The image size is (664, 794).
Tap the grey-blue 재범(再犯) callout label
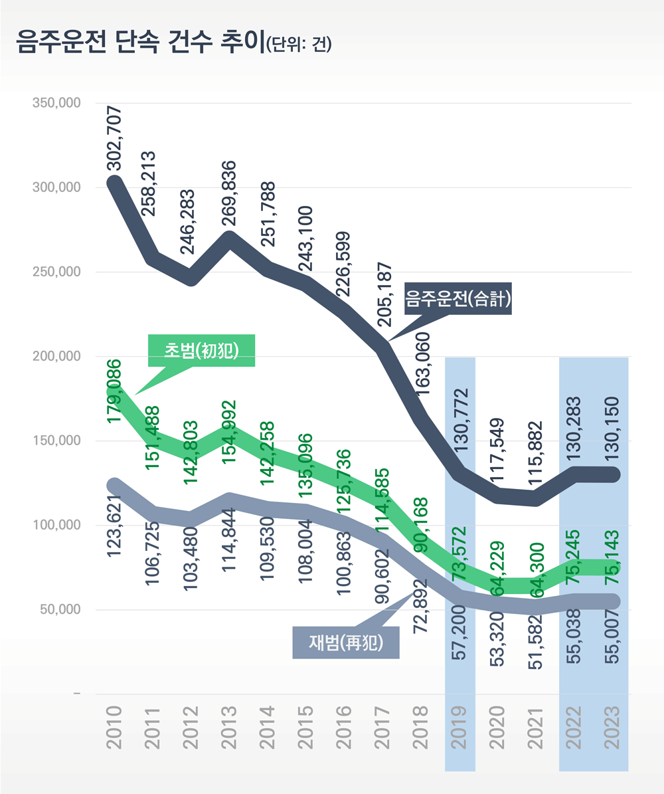(346, 643)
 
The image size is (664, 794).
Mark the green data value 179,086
(115, 391)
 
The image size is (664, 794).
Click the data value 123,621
(115, 528)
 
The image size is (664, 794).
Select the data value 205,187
(384, 295)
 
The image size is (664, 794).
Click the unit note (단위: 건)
(298, 45)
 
